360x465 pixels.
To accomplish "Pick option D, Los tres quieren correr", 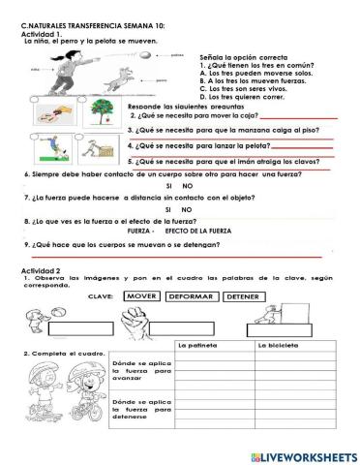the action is (x=242, y=97).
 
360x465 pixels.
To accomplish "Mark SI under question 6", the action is (x=169, y=184).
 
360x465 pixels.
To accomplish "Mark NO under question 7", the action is (x=187, y=208).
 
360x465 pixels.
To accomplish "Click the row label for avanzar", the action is (x=140, y=372).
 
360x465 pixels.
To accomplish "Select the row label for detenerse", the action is (x=140, y=410).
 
